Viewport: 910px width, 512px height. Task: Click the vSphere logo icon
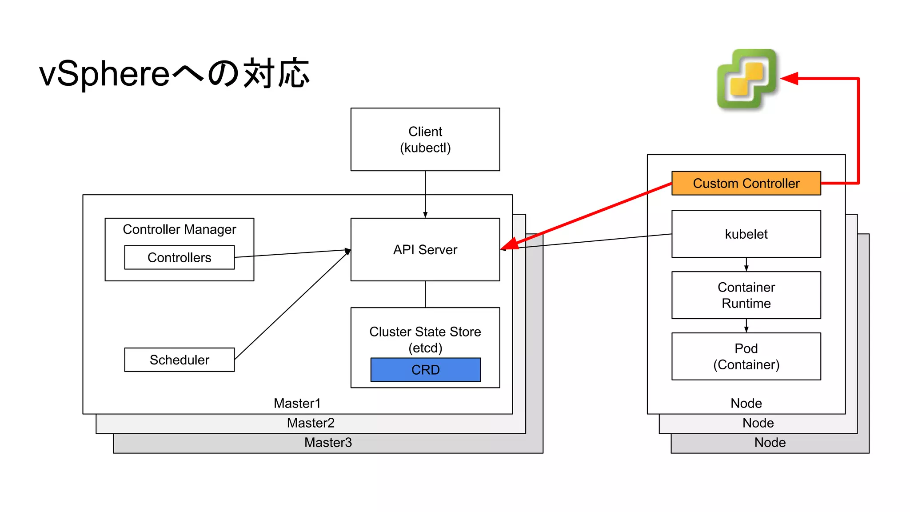[747, 79]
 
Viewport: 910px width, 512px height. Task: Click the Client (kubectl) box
[425, 139]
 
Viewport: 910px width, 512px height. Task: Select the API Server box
[425, 249]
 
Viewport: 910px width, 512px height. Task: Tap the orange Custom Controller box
[746, 183]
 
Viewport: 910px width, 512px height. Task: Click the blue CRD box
[425, 369]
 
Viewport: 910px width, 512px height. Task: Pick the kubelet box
[746, 234]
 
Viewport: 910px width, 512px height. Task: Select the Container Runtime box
[746, 295]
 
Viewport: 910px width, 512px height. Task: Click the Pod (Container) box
[746, 356]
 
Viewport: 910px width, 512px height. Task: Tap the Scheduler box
[179, 360]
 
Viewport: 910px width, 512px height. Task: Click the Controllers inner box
[179, 257]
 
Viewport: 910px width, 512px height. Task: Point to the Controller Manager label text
[179, 229]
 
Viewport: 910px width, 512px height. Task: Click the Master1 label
[297, 403]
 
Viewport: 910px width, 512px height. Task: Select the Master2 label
[310, 423]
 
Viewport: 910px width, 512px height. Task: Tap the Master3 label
[328, 442]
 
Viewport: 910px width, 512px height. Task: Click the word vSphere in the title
[104, 73]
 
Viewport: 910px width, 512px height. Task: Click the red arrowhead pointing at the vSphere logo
[789, 79]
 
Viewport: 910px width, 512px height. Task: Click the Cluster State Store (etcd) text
[425, 340]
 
